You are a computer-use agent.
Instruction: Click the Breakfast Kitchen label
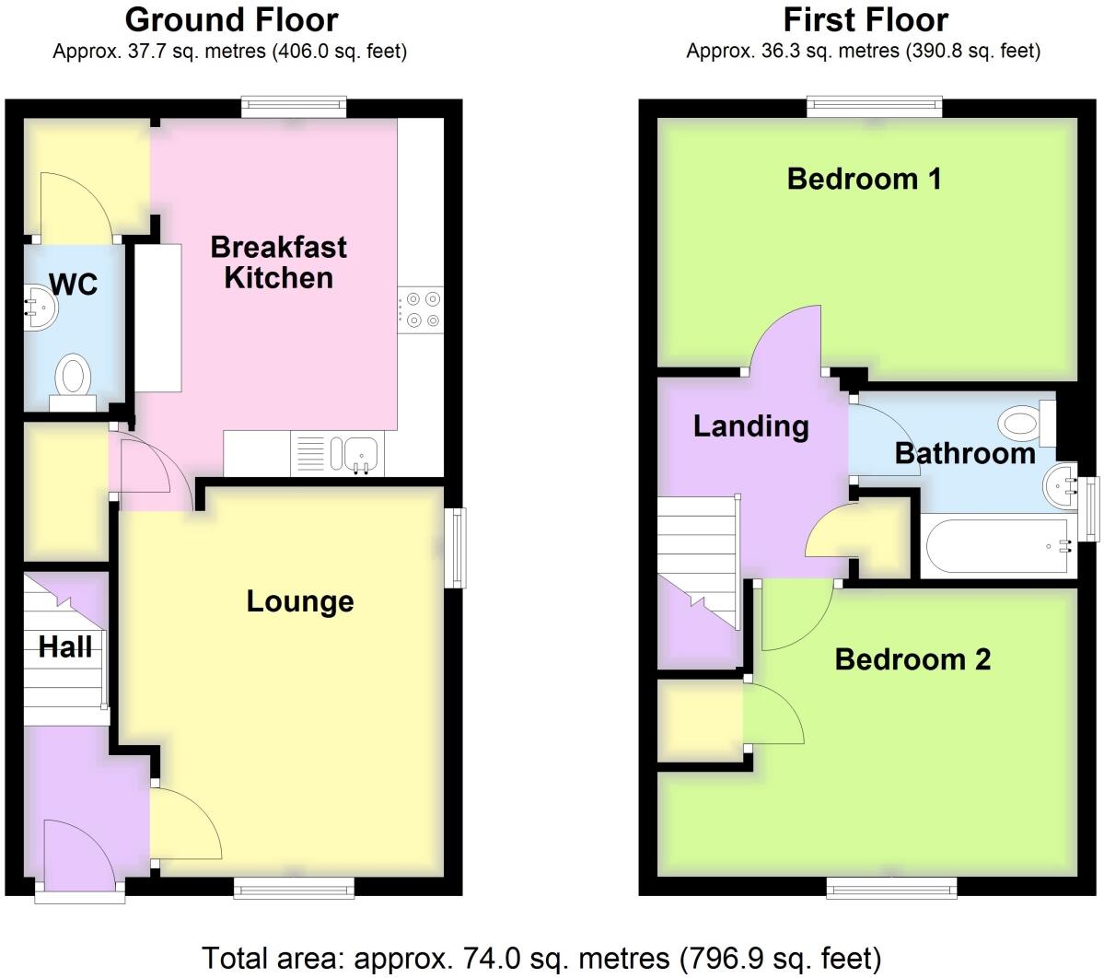278,262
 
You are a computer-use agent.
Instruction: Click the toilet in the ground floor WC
74,380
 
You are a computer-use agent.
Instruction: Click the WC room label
74,284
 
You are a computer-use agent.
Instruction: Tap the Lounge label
300,601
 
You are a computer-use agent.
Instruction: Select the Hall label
65,647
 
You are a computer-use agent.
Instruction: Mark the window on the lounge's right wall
456,547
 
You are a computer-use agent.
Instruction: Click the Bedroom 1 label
864,178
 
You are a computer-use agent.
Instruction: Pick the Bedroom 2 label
912,659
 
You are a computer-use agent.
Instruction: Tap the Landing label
750,425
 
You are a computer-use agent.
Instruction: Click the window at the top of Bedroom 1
875,107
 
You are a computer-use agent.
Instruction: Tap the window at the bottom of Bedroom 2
890,887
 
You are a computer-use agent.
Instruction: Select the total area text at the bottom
541,957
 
